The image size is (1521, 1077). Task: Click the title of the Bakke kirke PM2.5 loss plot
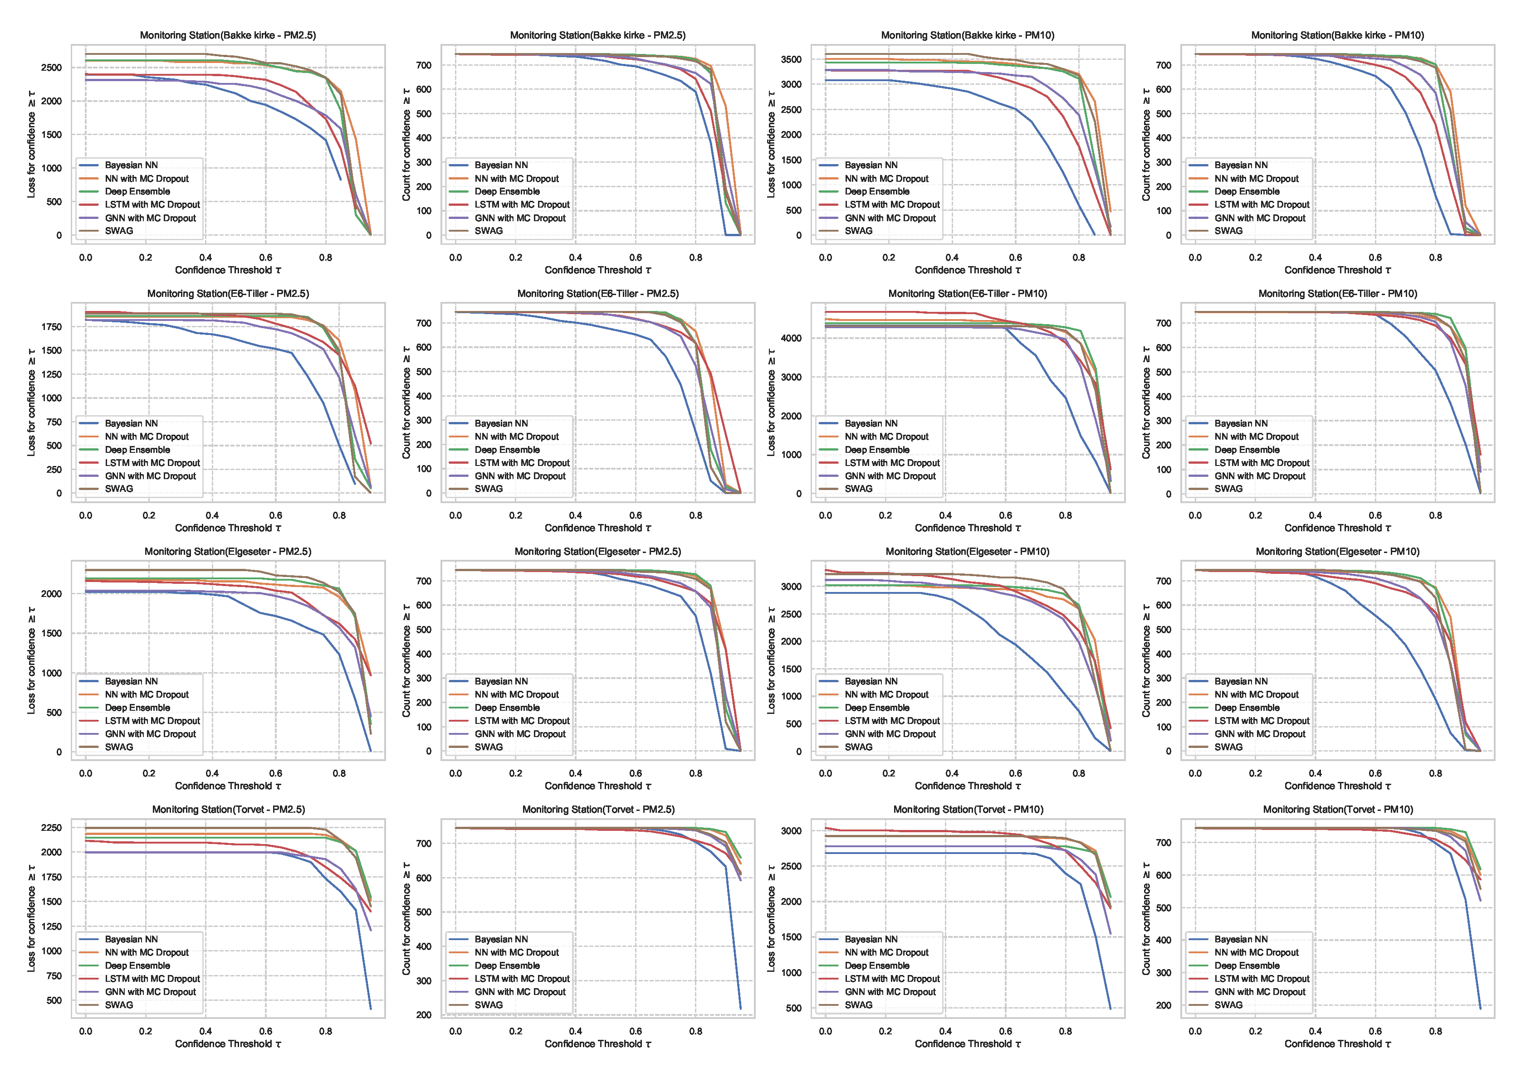(228, 35)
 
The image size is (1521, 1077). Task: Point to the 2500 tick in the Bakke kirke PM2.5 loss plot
(51, 68)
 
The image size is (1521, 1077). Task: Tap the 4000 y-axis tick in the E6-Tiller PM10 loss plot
(791, 338)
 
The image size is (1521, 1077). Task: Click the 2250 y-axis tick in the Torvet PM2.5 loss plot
(51, 828)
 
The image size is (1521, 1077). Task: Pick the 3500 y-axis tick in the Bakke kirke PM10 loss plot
(791, 60)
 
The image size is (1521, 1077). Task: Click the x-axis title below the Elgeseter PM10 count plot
(1337, 786)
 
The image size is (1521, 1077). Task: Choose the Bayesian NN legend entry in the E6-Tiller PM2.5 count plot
(501, 423)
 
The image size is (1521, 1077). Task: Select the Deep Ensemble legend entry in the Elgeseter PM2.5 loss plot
(137, 708)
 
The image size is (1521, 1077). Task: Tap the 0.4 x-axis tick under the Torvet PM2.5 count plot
(575, 1031)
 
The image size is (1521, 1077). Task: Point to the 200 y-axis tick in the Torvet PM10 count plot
(1163, 1005)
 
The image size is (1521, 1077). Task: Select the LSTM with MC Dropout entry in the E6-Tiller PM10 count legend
(1262, 463)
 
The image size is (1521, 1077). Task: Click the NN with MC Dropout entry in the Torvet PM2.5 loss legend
(147, 952)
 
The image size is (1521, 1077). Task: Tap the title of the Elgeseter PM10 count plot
(1337, 552)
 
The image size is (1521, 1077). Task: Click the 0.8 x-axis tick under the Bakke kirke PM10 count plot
(1435, 257)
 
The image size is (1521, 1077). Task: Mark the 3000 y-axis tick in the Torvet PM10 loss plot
(791, 831)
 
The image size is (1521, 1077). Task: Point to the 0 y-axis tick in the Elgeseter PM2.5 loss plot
(59, 752)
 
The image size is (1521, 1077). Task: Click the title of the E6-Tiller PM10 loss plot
(968, 294)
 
